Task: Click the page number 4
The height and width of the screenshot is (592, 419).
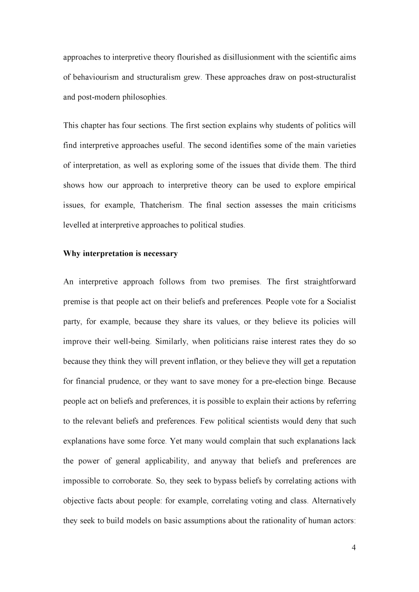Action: (354, 548)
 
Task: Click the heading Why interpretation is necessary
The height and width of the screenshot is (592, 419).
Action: (120, 254)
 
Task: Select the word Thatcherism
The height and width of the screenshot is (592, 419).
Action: (161, 205)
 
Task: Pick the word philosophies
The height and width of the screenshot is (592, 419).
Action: (144, 97)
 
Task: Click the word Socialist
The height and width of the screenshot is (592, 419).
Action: (340, 302)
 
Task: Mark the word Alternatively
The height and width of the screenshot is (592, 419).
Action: (334, 501)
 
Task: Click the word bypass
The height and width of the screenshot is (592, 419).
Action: (217, 481)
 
